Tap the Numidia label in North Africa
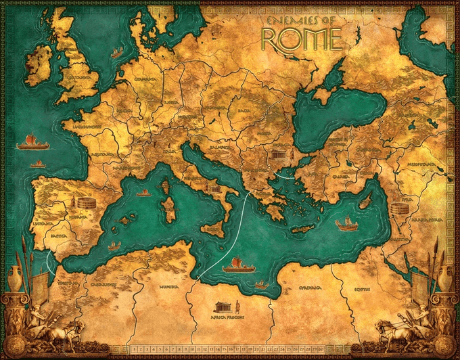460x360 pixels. click(x=168, y=287)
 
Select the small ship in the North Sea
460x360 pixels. click(x=116, y=52)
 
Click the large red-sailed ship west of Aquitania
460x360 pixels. click(x=30, y=142)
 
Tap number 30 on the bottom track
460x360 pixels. click(x=327, y=349)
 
